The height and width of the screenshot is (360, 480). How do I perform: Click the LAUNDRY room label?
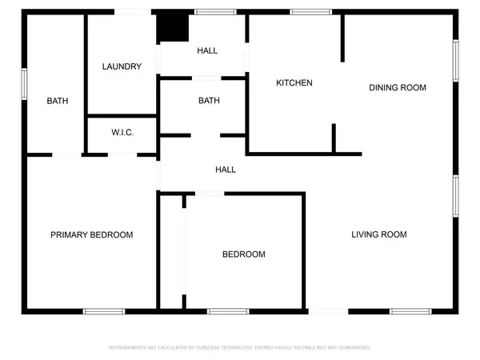pos(122,66)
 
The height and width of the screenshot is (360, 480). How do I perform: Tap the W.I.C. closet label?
pos(122,132)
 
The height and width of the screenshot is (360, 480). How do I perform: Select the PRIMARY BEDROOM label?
pos(91,234)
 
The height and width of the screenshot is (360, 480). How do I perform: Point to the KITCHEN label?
pos(294,83)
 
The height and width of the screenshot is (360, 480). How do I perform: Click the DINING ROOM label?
pos(397,87)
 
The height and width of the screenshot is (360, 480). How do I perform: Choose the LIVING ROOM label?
pos(379,234)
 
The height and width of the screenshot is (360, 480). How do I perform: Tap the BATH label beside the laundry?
pos(58,101)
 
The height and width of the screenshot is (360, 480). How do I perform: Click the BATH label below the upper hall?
pos(209,101)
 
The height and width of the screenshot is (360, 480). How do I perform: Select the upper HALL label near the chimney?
pos(207,50)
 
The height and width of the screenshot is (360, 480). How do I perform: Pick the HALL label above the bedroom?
pos(226,170)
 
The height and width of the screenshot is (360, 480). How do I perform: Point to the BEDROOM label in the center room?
pos(243,254)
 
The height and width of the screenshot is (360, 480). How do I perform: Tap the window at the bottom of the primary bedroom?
pos(103,311)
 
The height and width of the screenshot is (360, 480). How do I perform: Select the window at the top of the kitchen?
pos(305,12)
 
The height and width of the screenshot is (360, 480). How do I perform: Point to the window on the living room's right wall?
pos(457,195)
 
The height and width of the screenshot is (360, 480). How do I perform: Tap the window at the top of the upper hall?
pos(210,12)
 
